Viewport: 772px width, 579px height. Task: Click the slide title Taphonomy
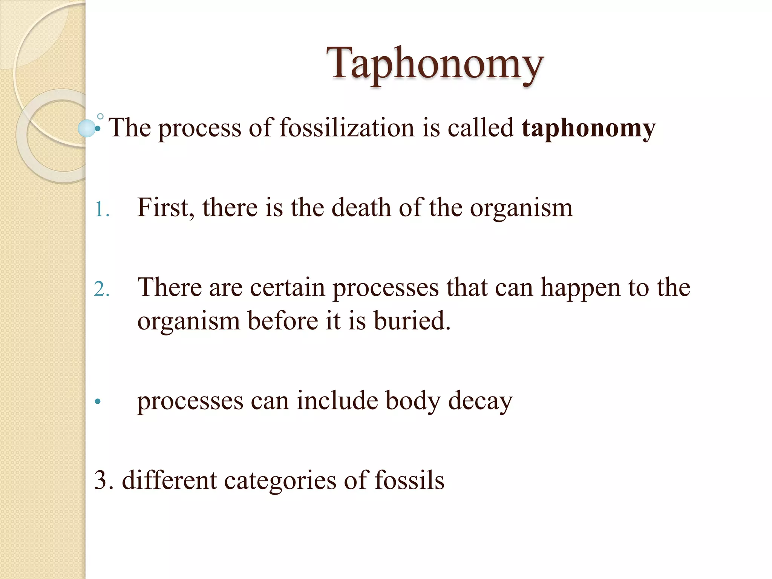coord(435,63)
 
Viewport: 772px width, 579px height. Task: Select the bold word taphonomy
coord(588,128)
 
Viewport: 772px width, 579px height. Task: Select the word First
coord(165,207)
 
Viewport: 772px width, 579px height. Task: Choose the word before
coord(283,321)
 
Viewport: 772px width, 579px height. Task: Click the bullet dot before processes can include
coord(98,402)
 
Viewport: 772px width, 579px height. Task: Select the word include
coord(337,400)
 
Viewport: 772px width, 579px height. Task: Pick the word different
coord(169,481)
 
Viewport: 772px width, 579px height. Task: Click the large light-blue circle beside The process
coord(87,128)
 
